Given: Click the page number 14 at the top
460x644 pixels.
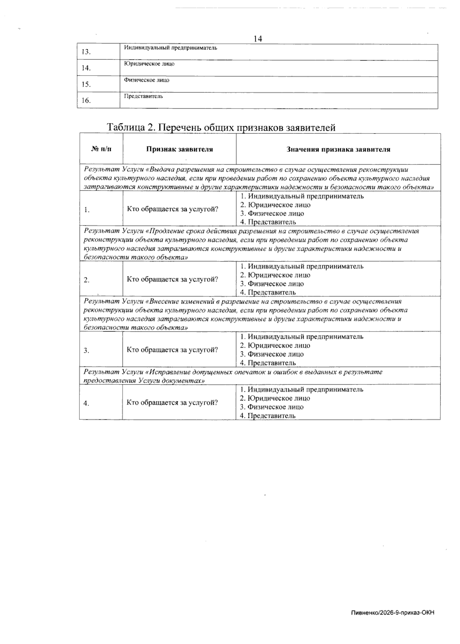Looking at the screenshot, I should point(258,39).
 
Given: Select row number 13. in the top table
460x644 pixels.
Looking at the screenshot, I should point(86,52).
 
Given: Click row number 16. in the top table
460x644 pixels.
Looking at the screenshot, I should point(86,100).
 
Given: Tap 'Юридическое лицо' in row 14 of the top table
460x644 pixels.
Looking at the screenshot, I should point(149,64).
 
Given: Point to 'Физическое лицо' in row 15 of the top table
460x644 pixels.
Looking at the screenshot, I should point(146,80).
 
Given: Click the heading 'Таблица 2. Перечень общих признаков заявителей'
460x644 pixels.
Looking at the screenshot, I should point(221,127).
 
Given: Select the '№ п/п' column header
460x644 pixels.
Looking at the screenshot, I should point(102,149).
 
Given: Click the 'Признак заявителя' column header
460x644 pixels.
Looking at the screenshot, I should point(179,149).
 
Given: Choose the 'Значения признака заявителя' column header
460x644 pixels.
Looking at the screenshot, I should point(338,149).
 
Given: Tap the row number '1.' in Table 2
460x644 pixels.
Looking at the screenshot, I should point(87,210).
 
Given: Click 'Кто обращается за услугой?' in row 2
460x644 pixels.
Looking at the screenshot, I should point(172,279).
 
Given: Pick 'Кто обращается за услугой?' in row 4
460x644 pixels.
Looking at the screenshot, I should point(172,402).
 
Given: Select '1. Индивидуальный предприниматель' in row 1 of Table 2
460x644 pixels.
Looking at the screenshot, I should point(302,196).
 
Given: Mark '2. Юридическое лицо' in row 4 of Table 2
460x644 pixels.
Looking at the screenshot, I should point(275,398).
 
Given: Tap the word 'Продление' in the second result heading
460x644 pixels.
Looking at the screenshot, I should point(166,231).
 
